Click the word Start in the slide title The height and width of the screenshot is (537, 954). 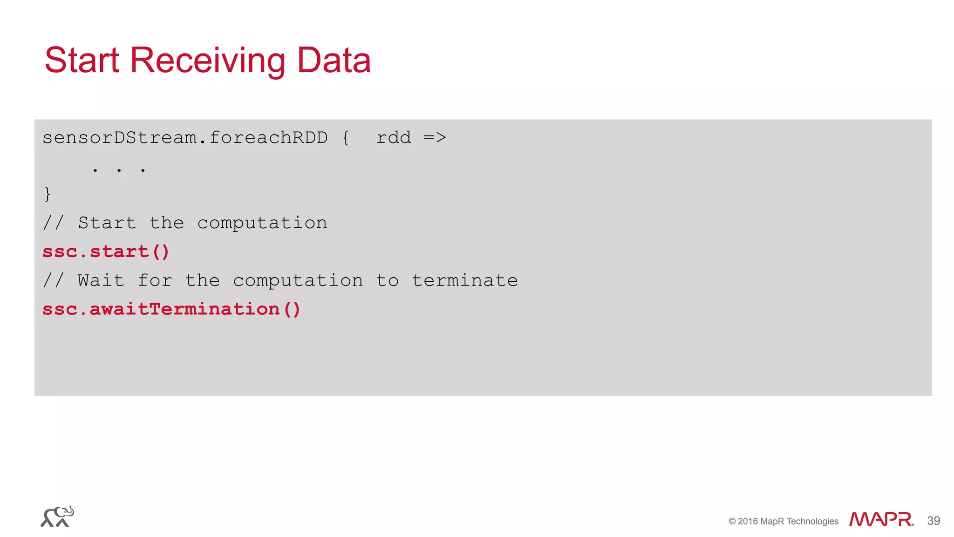pos(82,61)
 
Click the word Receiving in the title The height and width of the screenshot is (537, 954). pos(207,61)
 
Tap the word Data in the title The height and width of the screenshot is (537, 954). pos(334,61)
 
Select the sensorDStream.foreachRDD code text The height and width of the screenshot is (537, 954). pos(185,138)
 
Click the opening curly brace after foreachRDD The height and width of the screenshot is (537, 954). pos(345,138)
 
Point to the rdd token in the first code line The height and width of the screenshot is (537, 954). pos(394,138)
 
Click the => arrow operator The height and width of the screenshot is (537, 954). pos(435,138)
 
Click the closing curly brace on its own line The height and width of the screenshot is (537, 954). pos(47,194)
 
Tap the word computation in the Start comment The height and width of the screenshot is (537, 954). pos(262,223)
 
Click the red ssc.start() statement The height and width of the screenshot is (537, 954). pos(106,252)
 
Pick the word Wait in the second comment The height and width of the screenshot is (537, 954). pos(101,280)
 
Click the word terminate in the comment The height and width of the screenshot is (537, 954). pos(464,280)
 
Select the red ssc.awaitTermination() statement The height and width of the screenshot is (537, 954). pos(171,309)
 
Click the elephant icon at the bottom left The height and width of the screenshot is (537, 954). pos(57,517)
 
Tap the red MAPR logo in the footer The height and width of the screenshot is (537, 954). pos(880,519)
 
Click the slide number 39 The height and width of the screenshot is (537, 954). pos(934,521)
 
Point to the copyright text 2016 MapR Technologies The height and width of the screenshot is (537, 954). pos(784,521)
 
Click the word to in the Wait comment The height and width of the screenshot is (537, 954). pos(387,280)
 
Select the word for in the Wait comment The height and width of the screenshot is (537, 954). pos(155,280)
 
